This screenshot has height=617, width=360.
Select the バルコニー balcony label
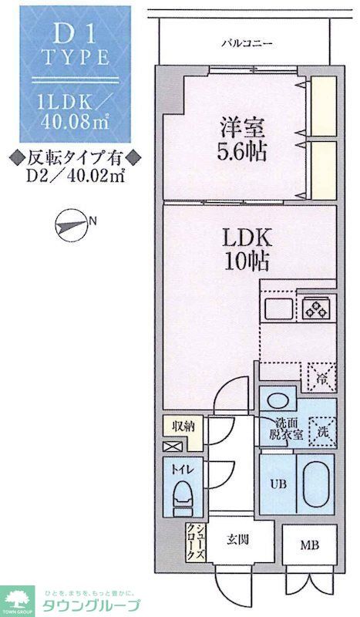(x=245, y=44)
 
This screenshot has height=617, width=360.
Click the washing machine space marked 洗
(x=321, y=433)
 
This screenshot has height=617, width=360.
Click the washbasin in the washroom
(x=277, y=401)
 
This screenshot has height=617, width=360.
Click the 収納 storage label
(x=182, y=425)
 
